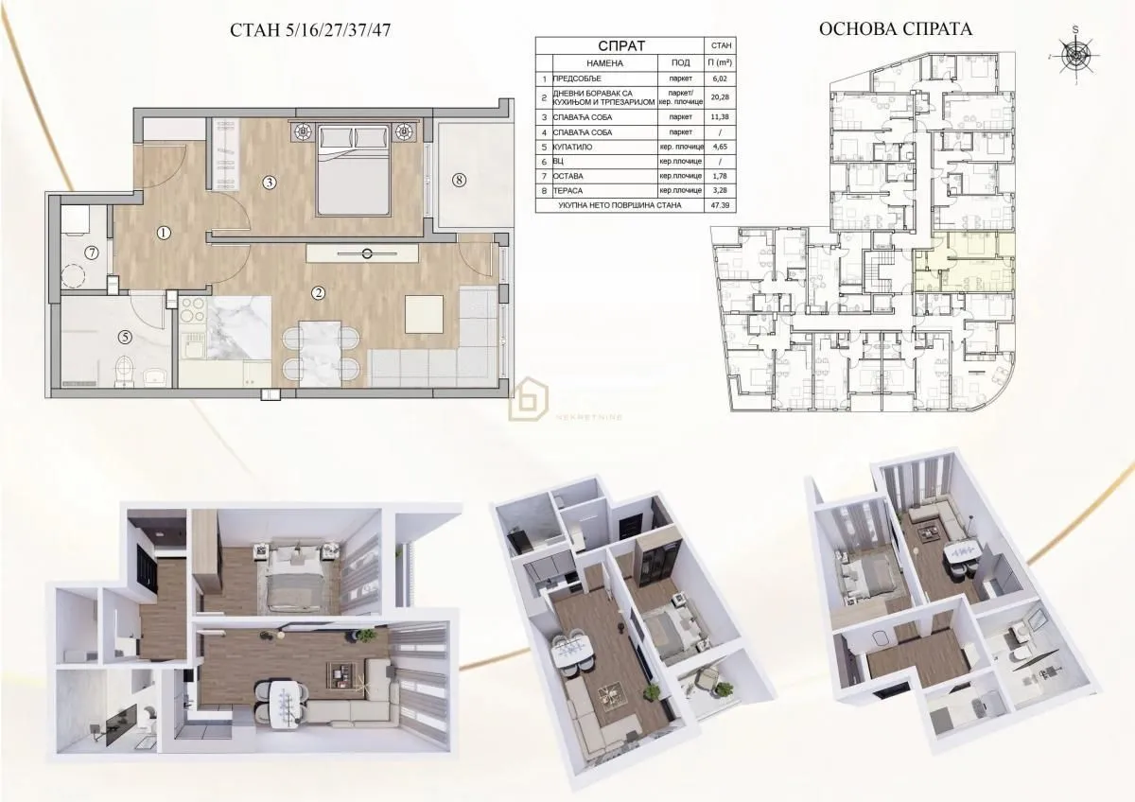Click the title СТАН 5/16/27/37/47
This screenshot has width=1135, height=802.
tap(310, 29)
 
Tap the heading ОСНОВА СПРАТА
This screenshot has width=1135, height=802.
tap(894, 29)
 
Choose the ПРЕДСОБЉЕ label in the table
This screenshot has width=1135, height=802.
tap(579, 79)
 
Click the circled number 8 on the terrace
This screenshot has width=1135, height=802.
tap(459, 181)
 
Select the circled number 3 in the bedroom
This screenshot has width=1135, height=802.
tap(270, 182)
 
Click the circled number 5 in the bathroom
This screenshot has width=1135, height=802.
tap(125, 335)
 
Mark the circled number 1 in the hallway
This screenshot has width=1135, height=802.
tap(164, 233)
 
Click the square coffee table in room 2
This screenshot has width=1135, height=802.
tap(422, 314)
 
